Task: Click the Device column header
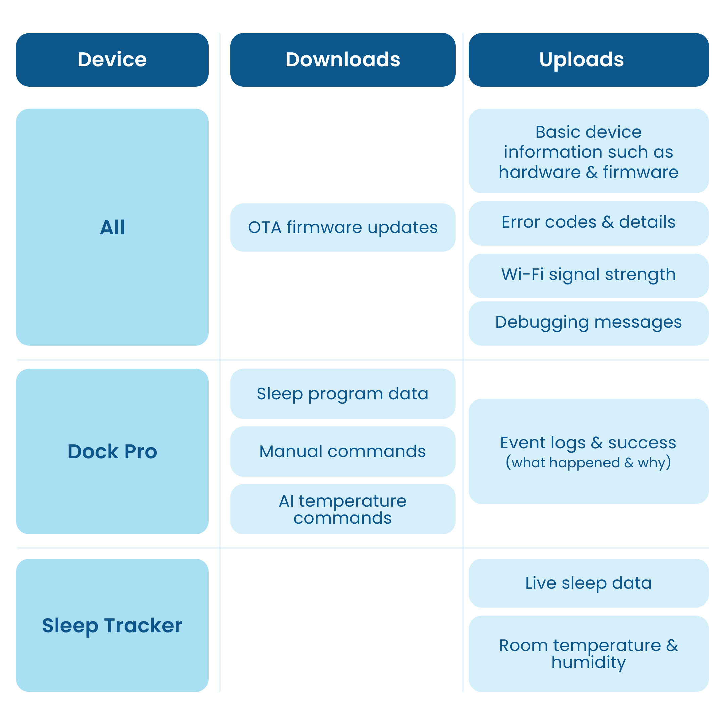click(112, 60)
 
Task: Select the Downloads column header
click(343, 60)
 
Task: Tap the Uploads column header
click(588, 60)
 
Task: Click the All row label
click(112, 227)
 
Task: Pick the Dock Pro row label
click(112, 451)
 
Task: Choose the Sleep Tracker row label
click(112, 625)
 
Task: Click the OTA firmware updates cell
click(343, 228)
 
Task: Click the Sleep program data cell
click(343, 394)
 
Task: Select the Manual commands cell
click(343, 451)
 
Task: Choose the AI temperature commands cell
click(343, 509)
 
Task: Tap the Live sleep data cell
click(588, 583)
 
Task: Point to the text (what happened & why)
click(588, 462)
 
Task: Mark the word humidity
click(588, 662)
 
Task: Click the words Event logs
click(543, 443)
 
